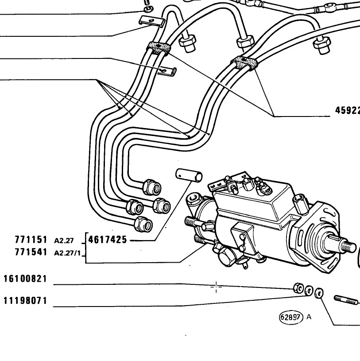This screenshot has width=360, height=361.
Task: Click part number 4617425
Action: tap(108, 240)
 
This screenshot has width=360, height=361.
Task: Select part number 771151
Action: tap(31, 240)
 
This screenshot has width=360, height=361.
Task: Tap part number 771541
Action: tap(31, 252)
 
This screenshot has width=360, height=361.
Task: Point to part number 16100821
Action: tap(25, 279)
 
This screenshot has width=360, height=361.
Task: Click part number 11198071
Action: tap(25, 301)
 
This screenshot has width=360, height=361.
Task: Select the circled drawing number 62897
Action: tap(291, 317)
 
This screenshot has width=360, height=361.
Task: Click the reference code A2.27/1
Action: tap(67, 253)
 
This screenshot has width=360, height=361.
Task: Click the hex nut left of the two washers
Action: tap(298, 288)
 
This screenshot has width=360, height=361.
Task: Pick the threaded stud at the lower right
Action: tap(347, 300)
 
